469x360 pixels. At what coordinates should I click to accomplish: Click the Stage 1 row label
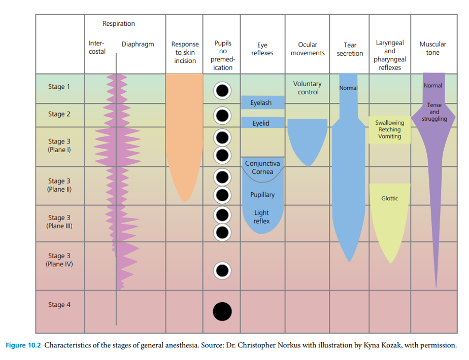pos(59,87)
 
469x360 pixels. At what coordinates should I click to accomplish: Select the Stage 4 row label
pos(59,305)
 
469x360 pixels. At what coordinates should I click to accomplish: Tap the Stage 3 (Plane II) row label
pos(59,185)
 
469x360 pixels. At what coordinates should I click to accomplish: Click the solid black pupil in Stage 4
pos(222,311)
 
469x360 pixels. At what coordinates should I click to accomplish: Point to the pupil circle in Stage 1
pos(222,91)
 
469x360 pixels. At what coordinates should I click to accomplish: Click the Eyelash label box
pos(261,103)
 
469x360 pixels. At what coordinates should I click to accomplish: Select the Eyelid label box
pos(261,123)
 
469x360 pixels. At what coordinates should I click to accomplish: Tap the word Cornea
pos(262,172)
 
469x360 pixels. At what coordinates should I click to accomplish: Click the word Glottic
pos(390,198)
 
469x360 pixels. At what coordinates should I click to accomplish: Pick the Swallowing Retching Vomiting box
pos(390,130)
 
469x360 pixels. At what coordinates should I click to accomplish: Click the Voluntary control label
pos(308,88)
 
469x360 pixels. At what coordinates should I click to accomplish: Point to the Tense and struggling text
pos(434,112)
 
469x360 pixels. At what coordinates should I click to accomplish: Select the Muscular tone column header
pos(432,48)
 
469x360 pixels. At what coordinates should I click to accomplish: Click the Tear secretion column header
pos(350,49)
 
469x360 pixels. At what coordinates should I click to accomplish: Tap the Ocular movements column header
pos(308,49)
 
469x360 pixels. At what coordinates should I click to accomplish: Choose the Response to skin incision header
pos(185,53)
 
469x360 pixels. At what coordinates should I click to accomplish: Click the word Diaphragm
pos(138,45)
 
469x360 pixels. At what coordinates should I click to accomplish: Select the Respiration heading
pos(119,23)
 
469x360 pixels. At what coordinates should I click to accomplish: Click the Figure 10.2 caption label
pos(23,346)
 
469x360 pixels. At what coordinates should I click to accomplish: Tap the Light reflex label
pos(262,217)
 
